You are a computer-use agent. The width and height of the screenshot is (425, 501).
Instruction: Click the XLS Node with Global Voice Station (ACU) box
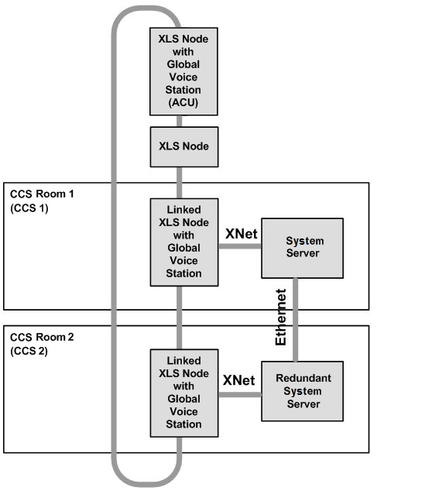183,71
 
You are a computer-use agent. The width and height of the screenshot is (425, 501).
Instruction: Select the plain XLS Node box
184,146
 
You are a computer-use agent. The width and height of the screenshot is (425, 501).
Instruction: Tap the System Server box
302,248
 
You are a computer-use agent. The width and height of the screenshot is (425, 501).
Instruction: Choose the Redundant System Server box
302,391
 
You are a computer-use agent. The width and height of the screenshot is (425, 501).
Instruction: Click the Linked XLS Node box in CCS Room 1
184,242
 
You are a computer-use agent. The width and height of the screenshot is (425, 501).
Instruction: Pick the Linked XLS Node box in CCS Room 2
184,393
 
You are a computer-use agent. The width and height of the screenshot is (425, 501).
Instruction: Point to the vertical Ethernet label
280,317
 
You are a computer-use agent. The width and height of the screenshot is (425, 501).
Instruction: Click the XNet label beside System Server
242,234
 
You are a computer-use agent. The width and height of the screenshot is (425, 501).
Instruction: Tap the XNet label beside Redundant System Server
238,380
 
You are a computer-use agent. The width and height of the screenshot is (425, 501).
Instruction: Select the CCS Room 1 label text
42,194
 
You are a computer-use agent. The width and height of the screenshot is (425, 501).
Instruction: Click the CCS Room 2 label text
42,337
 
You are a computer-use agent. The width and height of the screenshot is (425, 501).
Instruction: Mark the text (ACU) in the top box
183,102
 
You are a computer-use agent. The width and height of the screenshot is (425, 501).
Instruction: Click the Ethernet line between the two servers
295,320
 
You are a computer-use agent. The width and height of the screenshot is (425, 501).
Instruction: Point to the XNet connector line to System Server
240,246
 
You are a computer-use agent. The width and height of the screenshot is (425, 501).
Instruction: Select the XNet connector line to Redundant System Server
240,395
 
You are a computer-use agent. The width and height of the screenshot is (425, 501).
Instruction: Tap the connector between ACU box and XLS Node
180,121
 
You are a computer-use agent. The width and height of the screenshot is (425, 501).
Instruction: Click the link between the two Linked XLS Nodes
180,317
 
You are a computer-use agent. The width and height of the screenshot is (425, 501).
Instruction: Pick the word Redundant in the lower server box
303,378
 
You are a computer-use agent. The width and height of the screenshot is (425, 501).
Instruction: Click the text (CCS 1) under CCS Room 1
29,208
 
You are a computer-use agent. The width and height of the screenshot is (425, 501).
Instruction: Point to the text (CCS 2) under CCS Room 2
29,351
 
